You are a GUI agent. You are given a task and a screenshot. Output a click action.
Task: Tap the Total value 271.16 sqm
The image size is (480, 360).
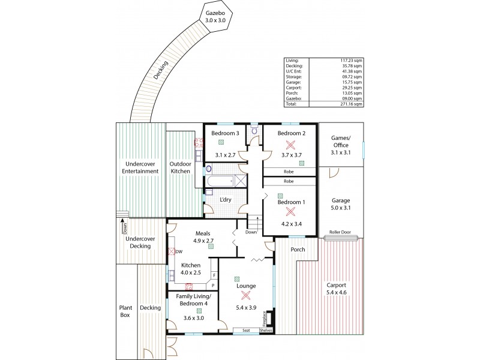coord(351,104)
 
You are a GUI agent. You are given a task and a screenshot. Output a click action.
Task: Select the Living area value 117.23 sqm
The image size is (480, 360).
coord(351,61)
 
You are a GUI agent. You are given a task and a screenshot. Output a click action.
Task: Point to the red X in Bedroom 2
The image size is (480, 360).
coord(290,145)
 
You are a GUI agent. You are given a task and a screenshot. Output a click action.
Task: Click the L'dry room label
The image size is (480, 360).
coord(226,199)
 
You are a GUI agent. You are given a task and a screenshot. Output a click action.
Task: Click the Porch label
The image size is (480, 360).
coord(297,250)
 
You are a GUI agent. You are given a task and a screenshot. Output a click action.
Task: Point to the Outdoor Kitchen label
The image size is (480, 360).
coord(179,167)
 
